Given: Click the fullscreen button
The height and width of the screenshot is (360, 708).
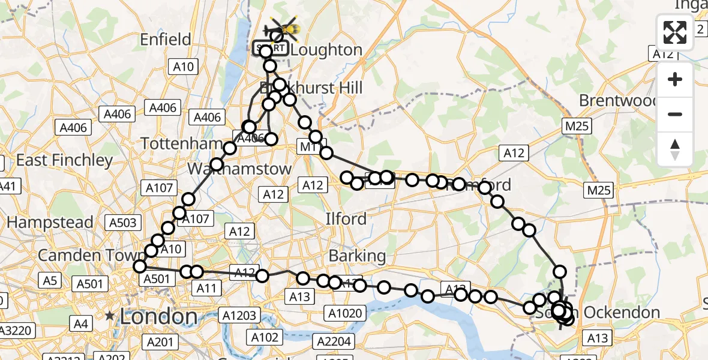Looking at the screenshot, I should tap(675, 32).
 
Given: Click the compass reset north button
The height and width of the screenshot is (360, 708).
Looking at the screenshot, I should tap(675, 149).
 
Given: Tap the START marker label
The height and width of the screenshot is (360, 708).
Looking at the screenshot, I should tap(269, 48).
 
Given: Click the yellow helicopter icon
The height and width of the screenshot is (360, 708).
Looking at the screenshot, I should tap(284, 27).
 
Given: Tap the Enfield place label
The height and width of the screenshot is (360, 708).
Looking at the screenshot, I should tap(165, 40).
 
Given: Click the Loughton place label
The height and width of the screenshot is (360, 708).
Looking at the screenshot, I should tap(327, 50).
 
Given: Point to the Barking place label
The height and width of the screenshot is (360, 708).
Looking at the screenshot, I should tap(357, 256).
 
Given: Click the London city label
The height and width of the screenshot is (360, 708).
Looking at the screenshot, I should tap(158, 316).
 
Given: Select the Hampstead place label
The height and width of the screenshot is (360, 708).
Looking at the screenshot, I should tap(50, 222).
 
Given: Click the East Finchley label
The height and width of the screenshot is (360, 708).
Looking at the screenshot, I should tap(64, 160).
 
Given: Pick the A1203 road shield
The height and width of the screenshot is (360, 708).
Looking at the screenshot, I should tap(240, 315).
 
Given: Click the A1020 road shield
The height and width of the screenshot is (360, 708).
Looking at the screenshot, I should tap(345, 312).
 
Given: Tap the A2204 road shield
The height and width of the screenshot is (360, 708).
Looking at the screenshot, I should tap(334, 341).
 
